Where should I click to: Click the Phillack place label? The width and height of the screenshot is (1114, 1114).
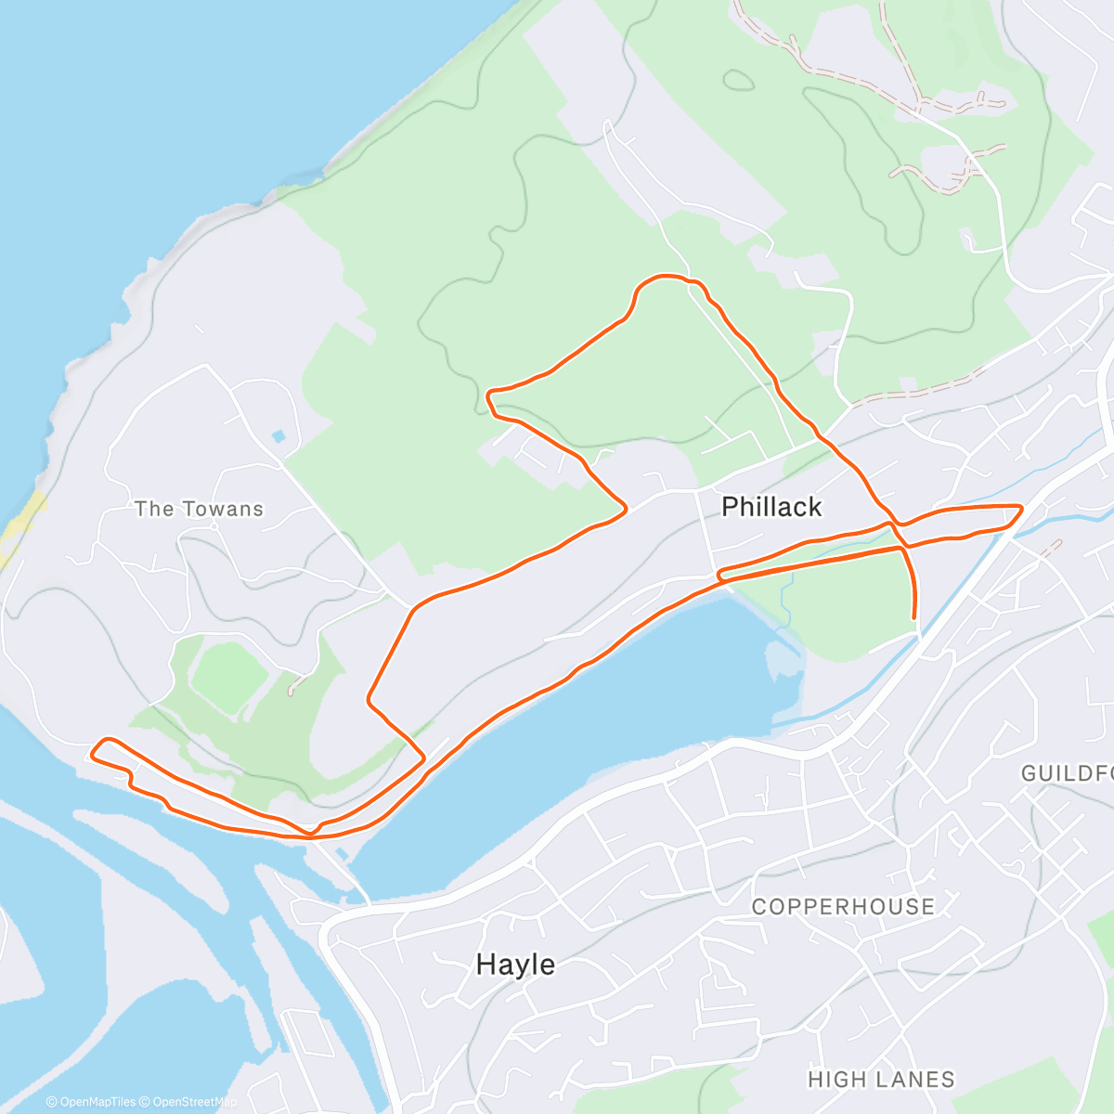(x=771, y=507)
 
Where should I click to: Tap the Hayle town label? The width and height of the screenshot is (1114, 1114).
(x=515, y=965)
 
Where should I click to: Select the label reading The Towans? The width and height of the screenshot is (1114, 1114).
(x=199, y=509)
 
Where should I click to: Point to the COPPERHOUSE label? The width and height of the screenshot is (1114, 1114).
(x=843, y=907)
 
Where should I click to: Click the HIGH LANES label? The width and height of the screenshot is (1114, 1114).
(x=881, y=1080)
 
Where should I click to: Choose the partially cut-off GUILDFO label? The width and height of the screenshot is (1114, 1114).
(x=1066, y=773)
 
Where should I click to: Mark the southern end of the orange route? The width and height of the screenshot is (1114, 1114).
(x=915, y=616)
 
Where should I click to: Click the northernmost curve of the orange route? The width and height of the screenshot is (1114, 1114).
(x=665, y=276)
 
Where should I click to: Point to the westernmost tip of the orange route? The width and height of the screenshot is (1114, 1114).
(x=93, y=748)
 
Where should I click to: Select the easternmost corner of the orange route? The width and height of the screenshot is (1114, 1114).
(x=1021, y=507)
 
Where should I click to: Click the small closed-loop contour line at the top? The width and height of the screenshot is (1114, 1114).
(x=738, y=80)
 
